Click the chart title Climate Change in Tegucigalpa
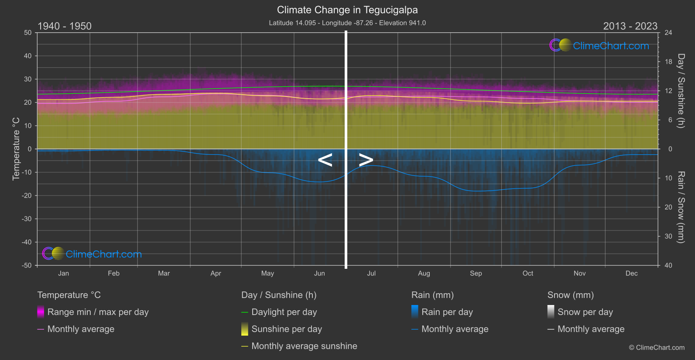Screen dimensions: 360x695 coord(347,10)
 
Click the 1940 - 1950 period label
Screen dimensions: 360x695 coord(65,26)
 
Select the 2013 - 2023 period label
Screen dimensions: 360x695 coord(630,26)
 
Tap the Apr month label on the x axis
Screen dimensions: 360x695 coord(216,274)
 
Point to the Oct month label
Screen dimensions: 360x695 coord(527,274)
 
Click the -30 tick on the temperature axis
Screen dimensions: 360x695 coord(27,219)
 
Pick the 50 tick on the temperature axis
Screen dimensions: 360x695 coord(28,33)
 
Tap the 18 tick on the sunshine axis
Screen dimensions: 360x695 coord(668,62)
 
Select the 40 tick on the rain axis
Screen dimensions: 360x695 coord(668,265)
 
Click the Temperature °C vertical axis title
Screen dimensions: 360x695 coord(16,149)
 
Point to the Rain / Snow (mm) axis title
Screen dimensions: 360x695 coord(681,207)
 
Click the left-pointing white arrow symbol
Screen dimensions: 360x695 coord(325,160)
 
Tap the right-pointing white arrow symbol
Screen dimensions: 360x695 coord(366,160)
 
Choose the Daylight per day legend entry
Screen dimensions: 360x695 coord(284,312)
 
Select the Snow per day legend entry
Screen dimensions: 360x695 coord(585,312)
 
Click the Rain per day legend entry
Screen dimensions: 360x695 coord(447,312)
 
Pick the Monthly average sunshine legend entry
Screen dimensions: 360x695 coord(304,346)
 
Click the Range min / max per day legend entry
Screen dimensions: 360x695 coord(98,312)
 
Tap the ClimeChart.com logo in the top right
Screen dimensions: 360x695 coord(599,45)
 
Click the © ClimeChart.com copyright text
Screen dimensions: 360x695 coord(657,348)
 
